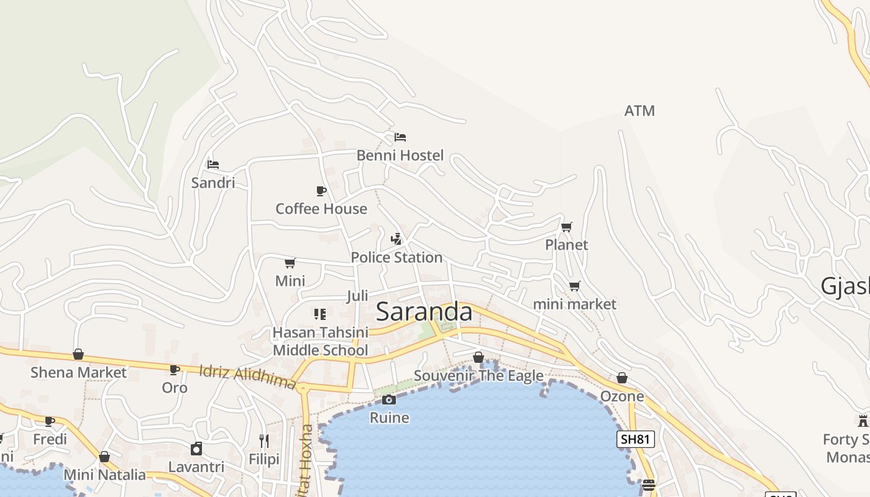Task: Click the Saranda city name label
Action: tap(424, 312)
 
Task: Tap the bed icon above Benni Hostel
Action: tap(400, 137)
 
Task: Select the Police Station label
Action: tap(396, 257)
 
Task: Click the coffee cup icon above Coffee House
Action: tap(321, 191)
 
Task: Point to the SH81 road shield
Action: tap(636, 439)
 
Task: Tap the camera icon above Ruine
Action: tap(389, 399)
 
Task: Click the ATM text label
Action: tap(639, 111)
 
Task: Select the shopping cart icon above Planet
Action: tap(566, 227)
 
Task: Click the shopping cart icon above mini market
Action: tap(575, 286)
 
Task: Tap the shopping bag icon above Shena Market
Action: tap(78, 354)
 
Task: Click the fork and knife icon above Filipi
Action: tap(264, 441)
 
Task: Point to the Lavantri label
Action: tap(196, 467)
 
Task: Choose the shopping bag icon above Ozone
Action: tap(622, 378)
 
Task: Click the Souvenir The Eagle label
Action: tap(478, 375)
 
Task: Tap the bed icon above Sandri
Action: tap(213, 165)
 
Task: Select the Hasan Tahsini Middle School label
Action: tap(320, 341)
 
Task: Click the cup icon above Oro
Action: tap(175, 370)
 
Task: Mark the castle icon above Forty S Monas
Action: tap(863, 421)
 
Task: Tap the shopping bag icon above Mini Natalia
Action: tap(104, 457)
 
